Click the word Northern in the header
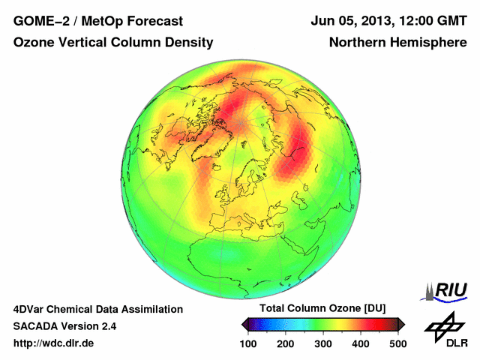(356, 43)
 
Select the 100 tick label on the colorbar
(248, 343)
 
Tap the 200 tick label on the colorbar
(286, 343)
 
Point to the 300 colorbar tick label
(323, 343)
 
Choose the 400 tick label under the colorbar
(361, 343)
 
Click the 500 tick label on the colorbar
(397, 343)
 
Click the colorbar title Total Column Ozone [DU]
(322, 309)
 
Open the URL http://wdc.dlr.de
(54, 343)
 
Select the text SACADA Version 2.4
(64, 326)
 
